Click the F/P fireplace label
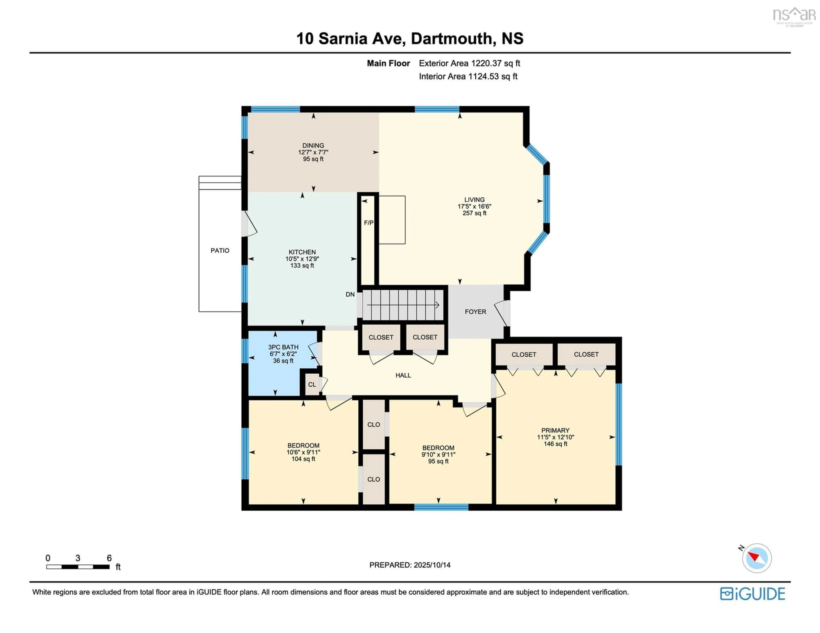[369, 223]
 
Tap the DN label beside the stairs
[350, 295]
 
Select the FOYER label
[475, 312]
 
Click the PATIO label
[220, 251]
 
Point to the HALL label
[403, 375]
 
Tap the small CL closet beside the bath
[312, 385]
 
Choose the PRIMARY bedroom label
[555, 430]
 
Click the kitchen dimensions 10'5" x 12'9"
[302, 259]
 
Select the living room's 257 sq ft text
[474, 213]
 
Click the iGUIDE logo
[753, 594]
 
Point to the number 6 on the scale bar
[109, 558]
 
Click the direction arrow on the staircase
[403, 305]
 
